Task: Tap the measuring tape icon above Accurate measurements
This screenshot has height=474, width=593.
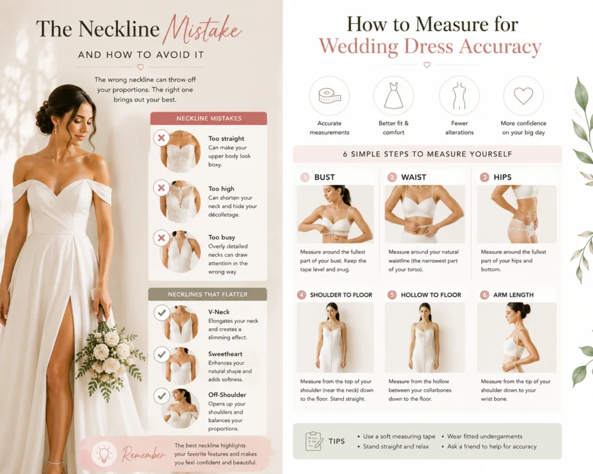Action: pyautogui.click(x=330, y=96)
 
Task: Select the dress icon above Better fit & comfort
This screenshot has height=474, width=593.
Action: pyautogui.click(x=394, y=96)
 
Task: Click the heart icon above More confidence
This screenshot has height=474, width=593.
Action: pyautogui.click(x=524, y=95)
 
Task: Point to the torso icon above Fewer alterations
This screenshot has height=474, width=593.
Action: pyautogui.click(x=459, y=96)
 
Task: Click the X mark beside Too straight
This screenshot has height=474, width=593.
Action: pyautogui.click(x=162, y=138)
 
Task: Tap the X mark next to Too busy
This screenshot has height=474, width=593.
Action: pyautogui.click(x=162, y=238)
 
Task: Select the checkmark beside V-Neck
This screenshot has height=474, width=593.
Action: pyautogui.click(x=162, y=313)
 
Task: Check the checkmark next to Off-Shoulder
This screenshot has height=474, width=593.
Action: pyautogui.click(x=162, y=396)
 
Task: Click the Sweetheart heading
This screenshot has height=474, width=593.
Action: pyautogui.click(x=225, y=354)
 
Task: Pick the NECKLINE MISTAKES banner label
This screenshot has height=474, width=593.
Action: pyautogui.click(x=208, y=118)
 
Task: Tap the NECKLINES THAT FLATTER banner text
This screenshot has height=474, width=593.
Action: pyautogui.click(x=208, y=294)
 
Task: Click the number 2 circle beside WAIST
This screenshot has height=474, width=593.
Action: pyautogui.click(x=392, y=177)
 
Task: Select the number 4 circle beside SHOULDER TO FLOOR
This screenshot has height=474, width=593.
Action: pyautogui.click(x=301, y=295)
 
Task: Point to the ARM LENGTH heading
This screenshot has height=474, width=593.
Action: pyautogui.click(x=513, y=295)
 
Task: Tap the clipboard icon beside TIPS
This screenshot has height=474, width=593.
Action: pyautogui.click(x=314, y=441)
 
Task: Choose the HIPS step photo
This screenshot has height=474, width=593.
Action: pyautogui.click(x=517, y=214)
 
